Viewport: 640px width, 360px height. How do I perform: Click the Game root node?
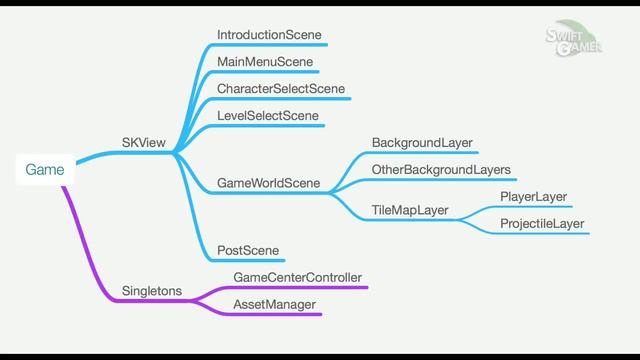click(45, 170)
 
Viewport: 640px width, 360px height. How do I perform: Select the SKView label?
click(144, 143)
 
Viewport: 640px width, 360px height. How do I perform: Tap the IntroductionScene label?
click(269, 35)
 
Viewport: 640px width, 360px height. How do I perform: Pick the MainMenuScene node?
click(265, 62)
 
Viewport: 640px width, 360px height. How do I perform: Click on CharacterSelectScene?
click(281, 89)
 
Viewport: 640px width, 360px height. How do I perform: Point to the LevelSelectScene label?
click(268, 116)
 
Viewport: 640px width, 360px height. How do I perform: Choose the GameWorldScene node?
click(269, 183)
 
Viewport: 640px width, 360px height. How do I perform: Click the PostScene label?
click(248, 250)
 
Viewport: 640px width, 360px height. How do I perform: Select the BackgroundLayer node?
click(422, 143)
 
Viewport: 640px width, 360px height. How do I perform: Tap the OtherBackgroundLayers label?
click(441, 170)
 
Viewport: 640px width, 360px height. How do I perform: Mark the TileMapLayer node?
click(410, 210)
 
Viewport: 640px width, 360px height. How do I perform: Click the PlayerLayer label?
click(533, 197)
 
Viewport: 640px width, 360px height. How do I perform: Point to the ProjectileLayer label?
click(542, 223)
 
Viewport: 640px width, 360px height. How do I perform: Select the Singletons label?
click(152, 291)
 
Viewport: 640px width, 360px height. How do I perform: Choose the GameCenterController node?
click(297, 277)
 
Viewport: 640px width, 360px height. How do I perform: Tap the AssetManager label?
click(274, 304)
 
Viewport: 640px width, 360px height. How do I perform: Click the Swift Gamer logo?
click(573, 43)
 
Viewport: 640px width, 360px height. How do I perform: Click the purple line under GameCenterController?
click(300, 288)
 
